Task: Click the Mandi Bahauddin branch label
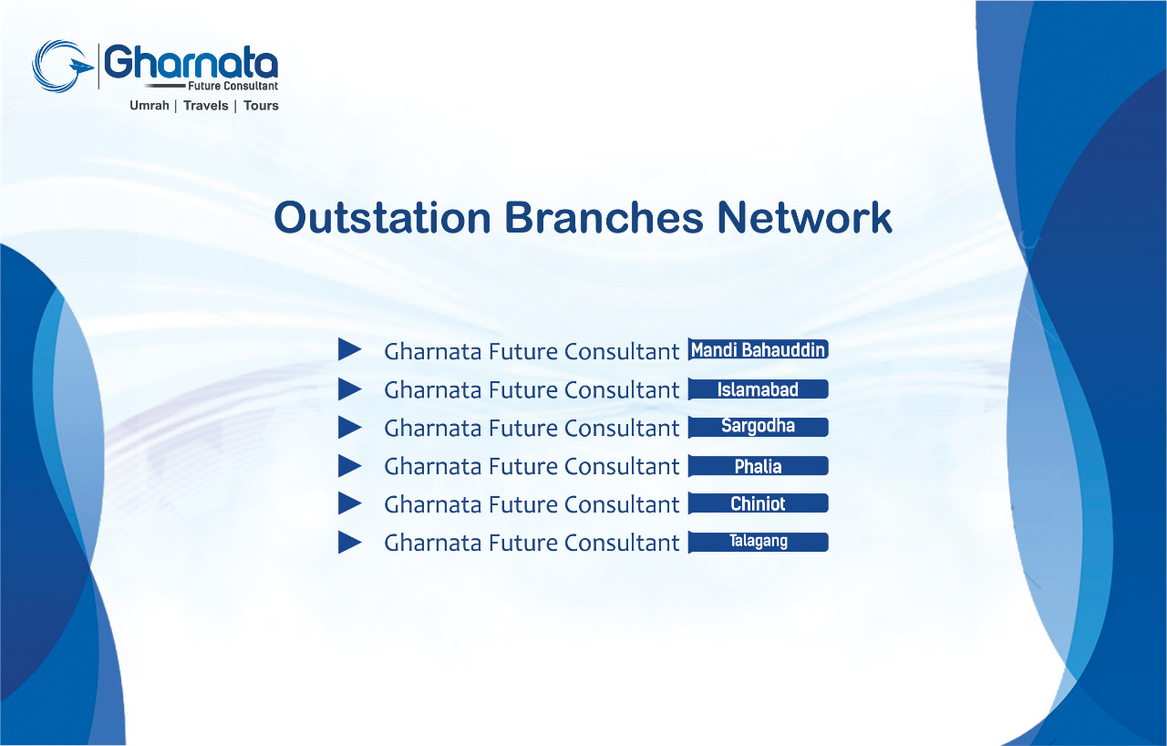[x=758, y=349]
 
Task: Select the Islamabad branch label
[x=758, y=389]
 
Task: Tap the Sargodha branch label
[x=758, y=427]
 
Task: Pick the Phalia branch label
[x=758, y=466]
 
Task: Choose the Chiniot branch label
[x=758, y=503]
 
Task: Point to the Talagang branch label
[x=758, y=542]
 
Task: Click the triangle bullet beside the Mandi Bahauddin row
[x=349, y=349]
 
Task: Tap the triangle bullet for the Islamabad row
[x=349, y=389]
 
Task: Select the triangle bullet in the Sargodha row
[x=349, y=427]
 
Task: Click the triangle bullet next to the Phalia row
[x=349, y=466]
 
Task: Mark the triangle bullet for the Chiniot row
[x=349, y=503]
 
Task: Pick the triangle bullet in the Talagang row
[x=349, y=542]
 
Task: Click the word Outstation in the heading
[x=382, y=218]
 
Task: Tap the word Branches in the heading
[x=604, y=218]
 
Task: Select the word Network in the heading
[x=804, y=218]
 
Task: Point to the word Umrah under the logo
[x=150, y=106]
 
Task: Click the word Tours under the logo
[x=261, y=106]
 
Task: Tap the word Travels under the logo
[x=206, y=106]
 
